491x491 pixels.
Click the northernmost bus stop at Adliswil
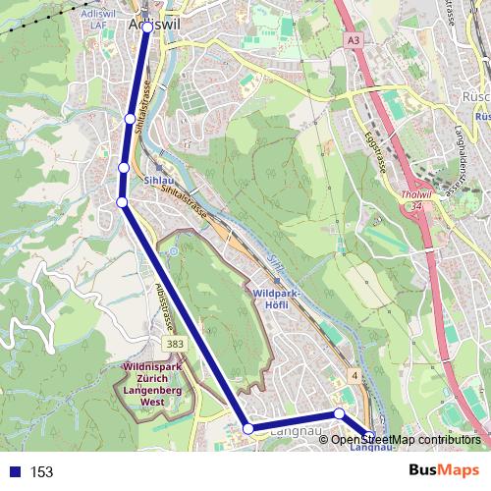tap(146, 27)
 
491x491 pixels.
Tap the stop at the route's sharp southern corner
tap(248, 428)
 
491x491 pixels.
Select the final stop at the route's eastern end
tap(368, 435)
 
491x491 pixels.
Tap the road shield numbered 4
tap(353, 376)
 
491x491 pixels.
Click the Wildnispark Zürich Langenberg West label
tap(152, 383)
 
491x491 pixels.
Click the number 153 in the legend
tap(41, 471)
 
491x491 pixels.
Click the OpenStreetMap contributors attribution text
tap(405, 439)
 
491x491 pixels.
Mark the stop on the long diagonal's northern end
tap(122, 202)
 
